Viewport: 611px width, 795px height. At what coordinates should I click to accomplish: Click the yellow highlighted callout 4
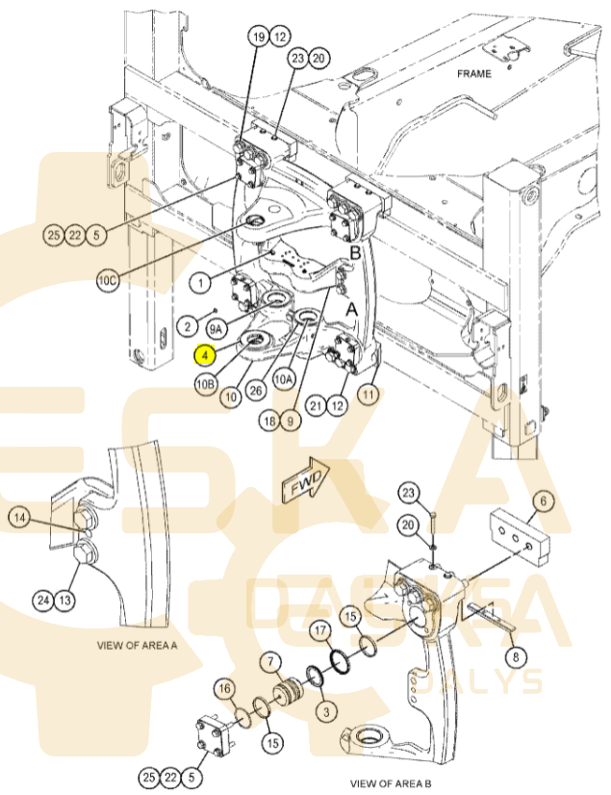205,355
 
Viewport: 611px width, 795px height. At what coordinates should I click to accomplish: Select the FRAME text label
474,74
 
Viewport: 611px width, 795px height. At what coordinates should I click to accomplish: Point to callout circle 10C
108,280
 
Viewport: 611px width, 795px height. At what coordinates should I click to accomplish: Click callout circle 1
201,282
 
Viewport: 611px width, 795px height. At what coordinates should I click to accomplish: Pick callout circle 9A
216,329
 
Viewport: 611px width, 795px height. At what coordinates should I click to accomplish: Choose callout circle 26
256,390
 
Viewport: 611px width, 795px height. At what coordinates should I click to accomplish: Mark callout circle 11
369,394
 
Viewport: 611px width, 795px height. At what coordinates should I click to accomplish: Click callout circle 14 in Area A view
19,518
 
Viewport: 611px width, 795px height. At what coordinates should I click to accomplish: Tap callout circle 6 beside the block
544,500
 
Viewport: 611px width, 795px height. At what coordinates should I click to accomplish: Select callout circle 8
516,657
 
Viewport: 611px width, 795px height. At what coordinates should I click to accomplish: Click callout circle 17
320,631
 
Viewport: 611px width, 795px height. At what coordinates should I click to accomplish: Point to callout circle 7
270,661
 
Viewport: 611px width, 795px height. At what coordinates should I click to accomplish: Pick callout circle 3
326,712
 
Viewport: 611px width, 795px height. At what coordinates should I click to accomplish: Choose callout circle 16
225,688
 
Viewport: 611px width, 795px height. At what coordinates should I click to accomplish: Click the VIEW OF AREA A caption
137,646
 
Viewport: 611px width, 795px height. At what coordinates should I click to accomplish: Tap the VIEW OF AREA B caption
391,783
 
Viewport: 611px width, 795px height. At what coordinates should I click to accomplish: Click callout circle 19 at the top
259,37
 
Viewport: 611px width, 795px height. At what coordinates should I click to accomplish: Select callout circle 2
188,326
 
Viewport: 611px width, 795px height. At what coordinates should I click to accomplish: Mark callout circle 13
64,601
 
